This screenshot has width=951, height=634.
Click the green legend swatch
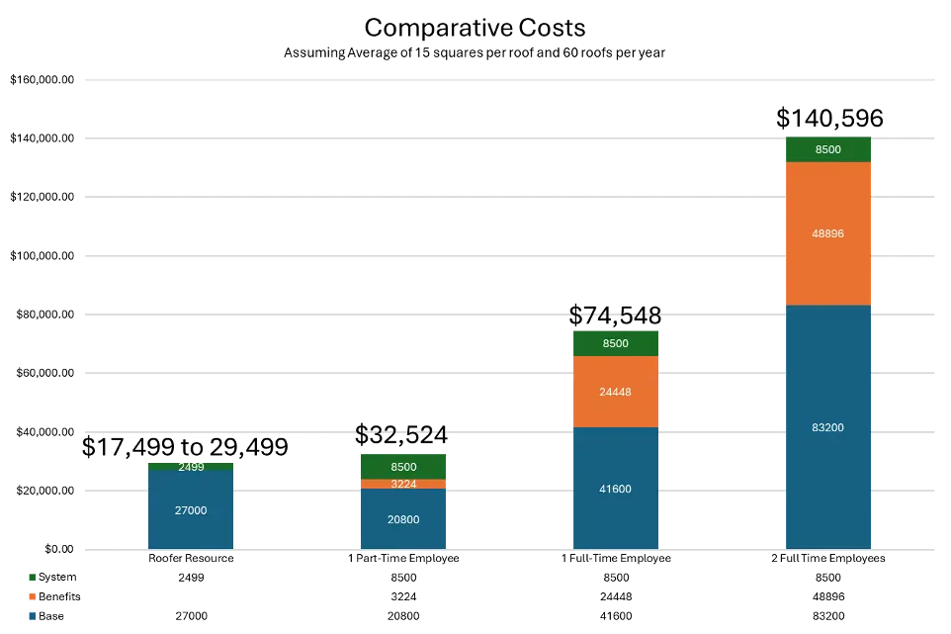[x=32, y=577]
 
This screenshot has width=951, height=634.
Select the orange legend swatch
[x=32, y=597]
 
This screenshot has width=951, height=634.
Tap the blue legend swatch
[x=32, y=617]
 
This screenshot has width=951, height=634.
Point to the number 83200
[x=828, y=427]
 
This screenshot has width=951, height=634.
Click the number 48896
[x=828, y=233]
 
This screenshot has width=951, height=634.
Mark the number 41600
[x=615, y=489]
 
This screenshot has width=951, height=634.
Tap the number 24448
[x=615, y=392]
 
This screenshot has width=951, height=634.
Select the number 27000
[x=191, y=510]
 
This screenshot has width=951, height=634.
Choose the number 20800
[x=403, y=519]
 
